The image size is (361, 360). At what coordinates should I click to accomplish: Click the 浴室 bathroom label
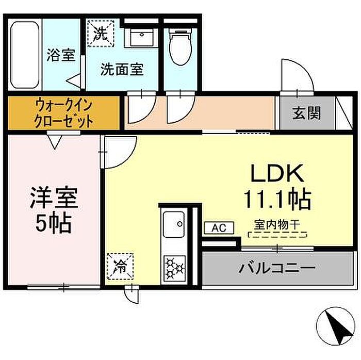click(61, 55)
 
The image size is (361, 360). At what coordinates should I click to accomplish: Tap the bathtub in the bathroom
click(25, 55)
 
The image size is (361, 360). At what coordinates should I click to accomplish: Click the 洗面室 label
click(122, 70)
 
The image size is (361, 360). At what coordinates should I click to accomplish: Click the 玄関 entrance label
click(306, 113)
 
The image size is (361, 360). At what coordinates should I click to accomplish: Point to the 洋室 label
click(54, 197)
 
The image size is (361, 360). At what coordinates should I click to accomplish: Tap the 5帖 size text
click(54, 223)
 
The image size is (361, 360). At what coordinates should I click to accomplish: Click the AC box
click(219, 228)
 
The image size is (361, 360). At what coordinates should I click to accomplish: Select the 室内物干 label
click(277, 225)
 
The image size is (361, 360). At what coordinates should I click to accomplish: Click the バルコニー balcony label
click(277, 268)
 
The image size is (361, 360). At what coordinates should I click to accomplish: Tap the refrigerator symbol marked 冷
click(120, 267)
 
